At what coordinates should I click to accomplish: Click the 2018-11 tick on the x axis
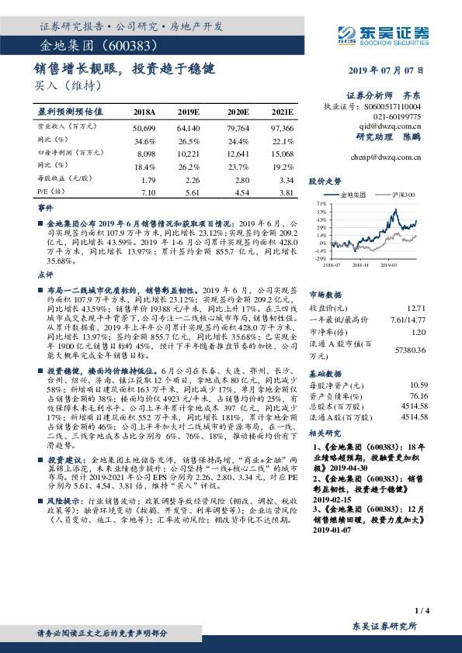click(360, 264)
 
